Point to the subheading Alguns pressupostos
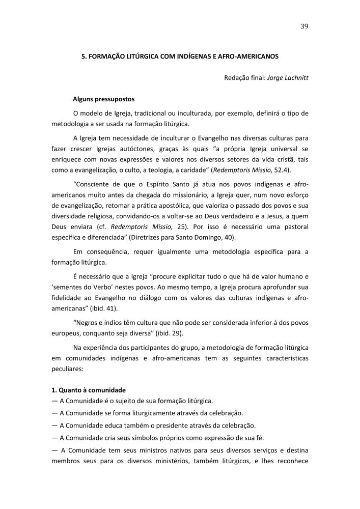pos(104,99)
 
